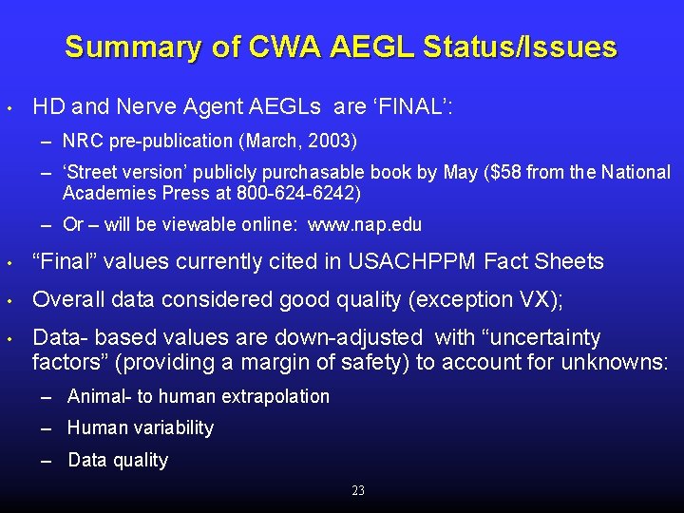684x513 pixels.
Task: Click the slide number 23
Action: coord(358,490)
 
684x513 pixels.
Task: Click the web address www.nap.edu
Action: coord(365,225)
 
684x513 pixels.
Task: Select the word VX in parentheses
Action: coord(539,299)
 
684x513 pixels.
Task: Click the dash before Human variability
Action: coord(47,428)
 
